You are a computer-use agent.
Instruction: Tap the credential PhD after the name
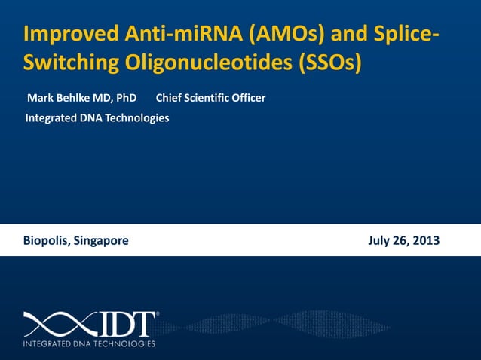click(x=126, y=98)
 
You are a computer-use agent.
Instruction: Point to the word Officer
click(x=248, y=98)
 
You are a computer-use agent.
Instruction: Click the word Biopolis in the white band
click(x=46, y=241)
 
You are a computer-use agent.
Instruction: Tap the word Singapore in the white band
click(x=101, y=241)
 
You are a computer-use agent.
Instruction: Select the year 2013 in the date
click(x=424, y=241)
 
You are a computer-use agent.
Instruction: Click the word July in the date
click(x=379, y=241)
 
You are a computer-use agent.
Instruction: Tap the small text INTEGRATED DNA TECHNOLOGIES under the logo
click(x=89, y=344)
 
